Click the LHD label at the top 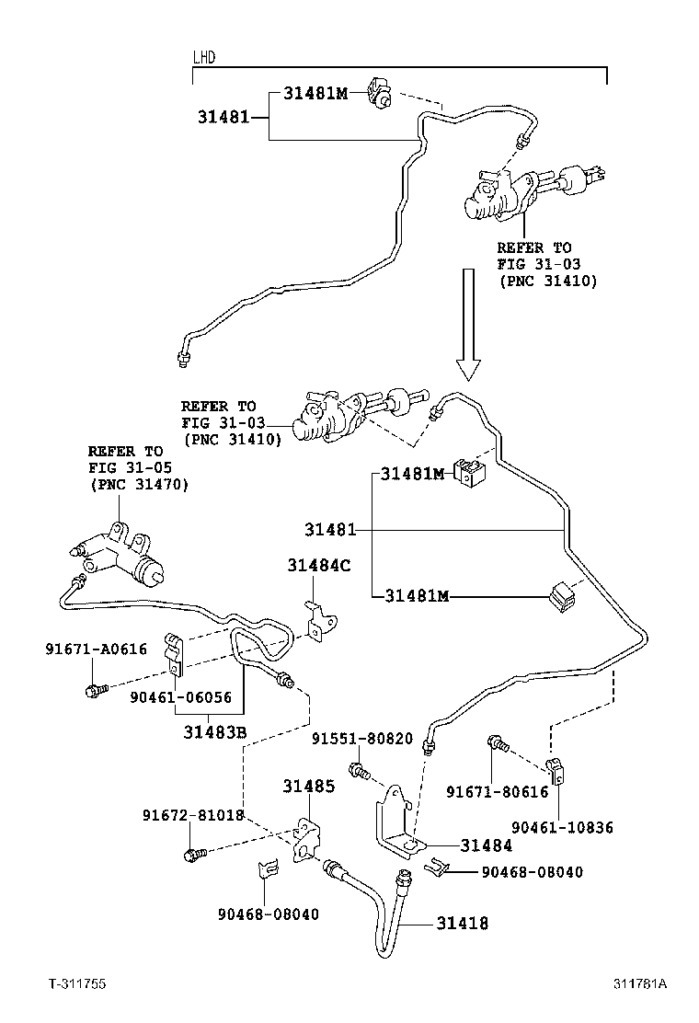(203, 57)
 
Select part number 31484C (318, 566)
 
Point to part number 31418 (463, 923)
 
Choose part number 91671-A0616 (96, 649)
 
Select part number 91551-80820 (361, 739)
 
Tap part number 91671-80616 (497, 791)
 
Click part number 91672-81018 (192, 814)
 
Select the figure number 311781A (640, 983)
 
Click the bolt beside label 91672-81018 (196, 855)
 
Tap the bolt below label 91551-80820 (359, 769)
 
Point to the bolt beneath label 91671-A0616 (96, 688)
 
